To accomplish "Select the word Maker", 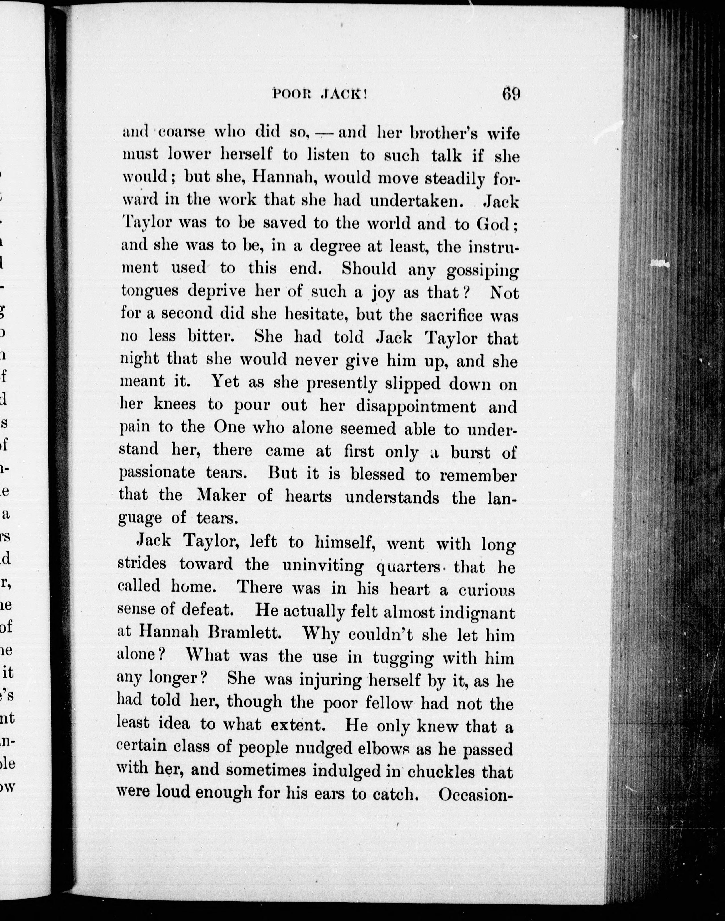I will pos(221,495).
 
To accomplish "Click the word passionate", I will pos(157,473).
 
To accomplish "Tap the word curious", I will pos(486,590).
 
